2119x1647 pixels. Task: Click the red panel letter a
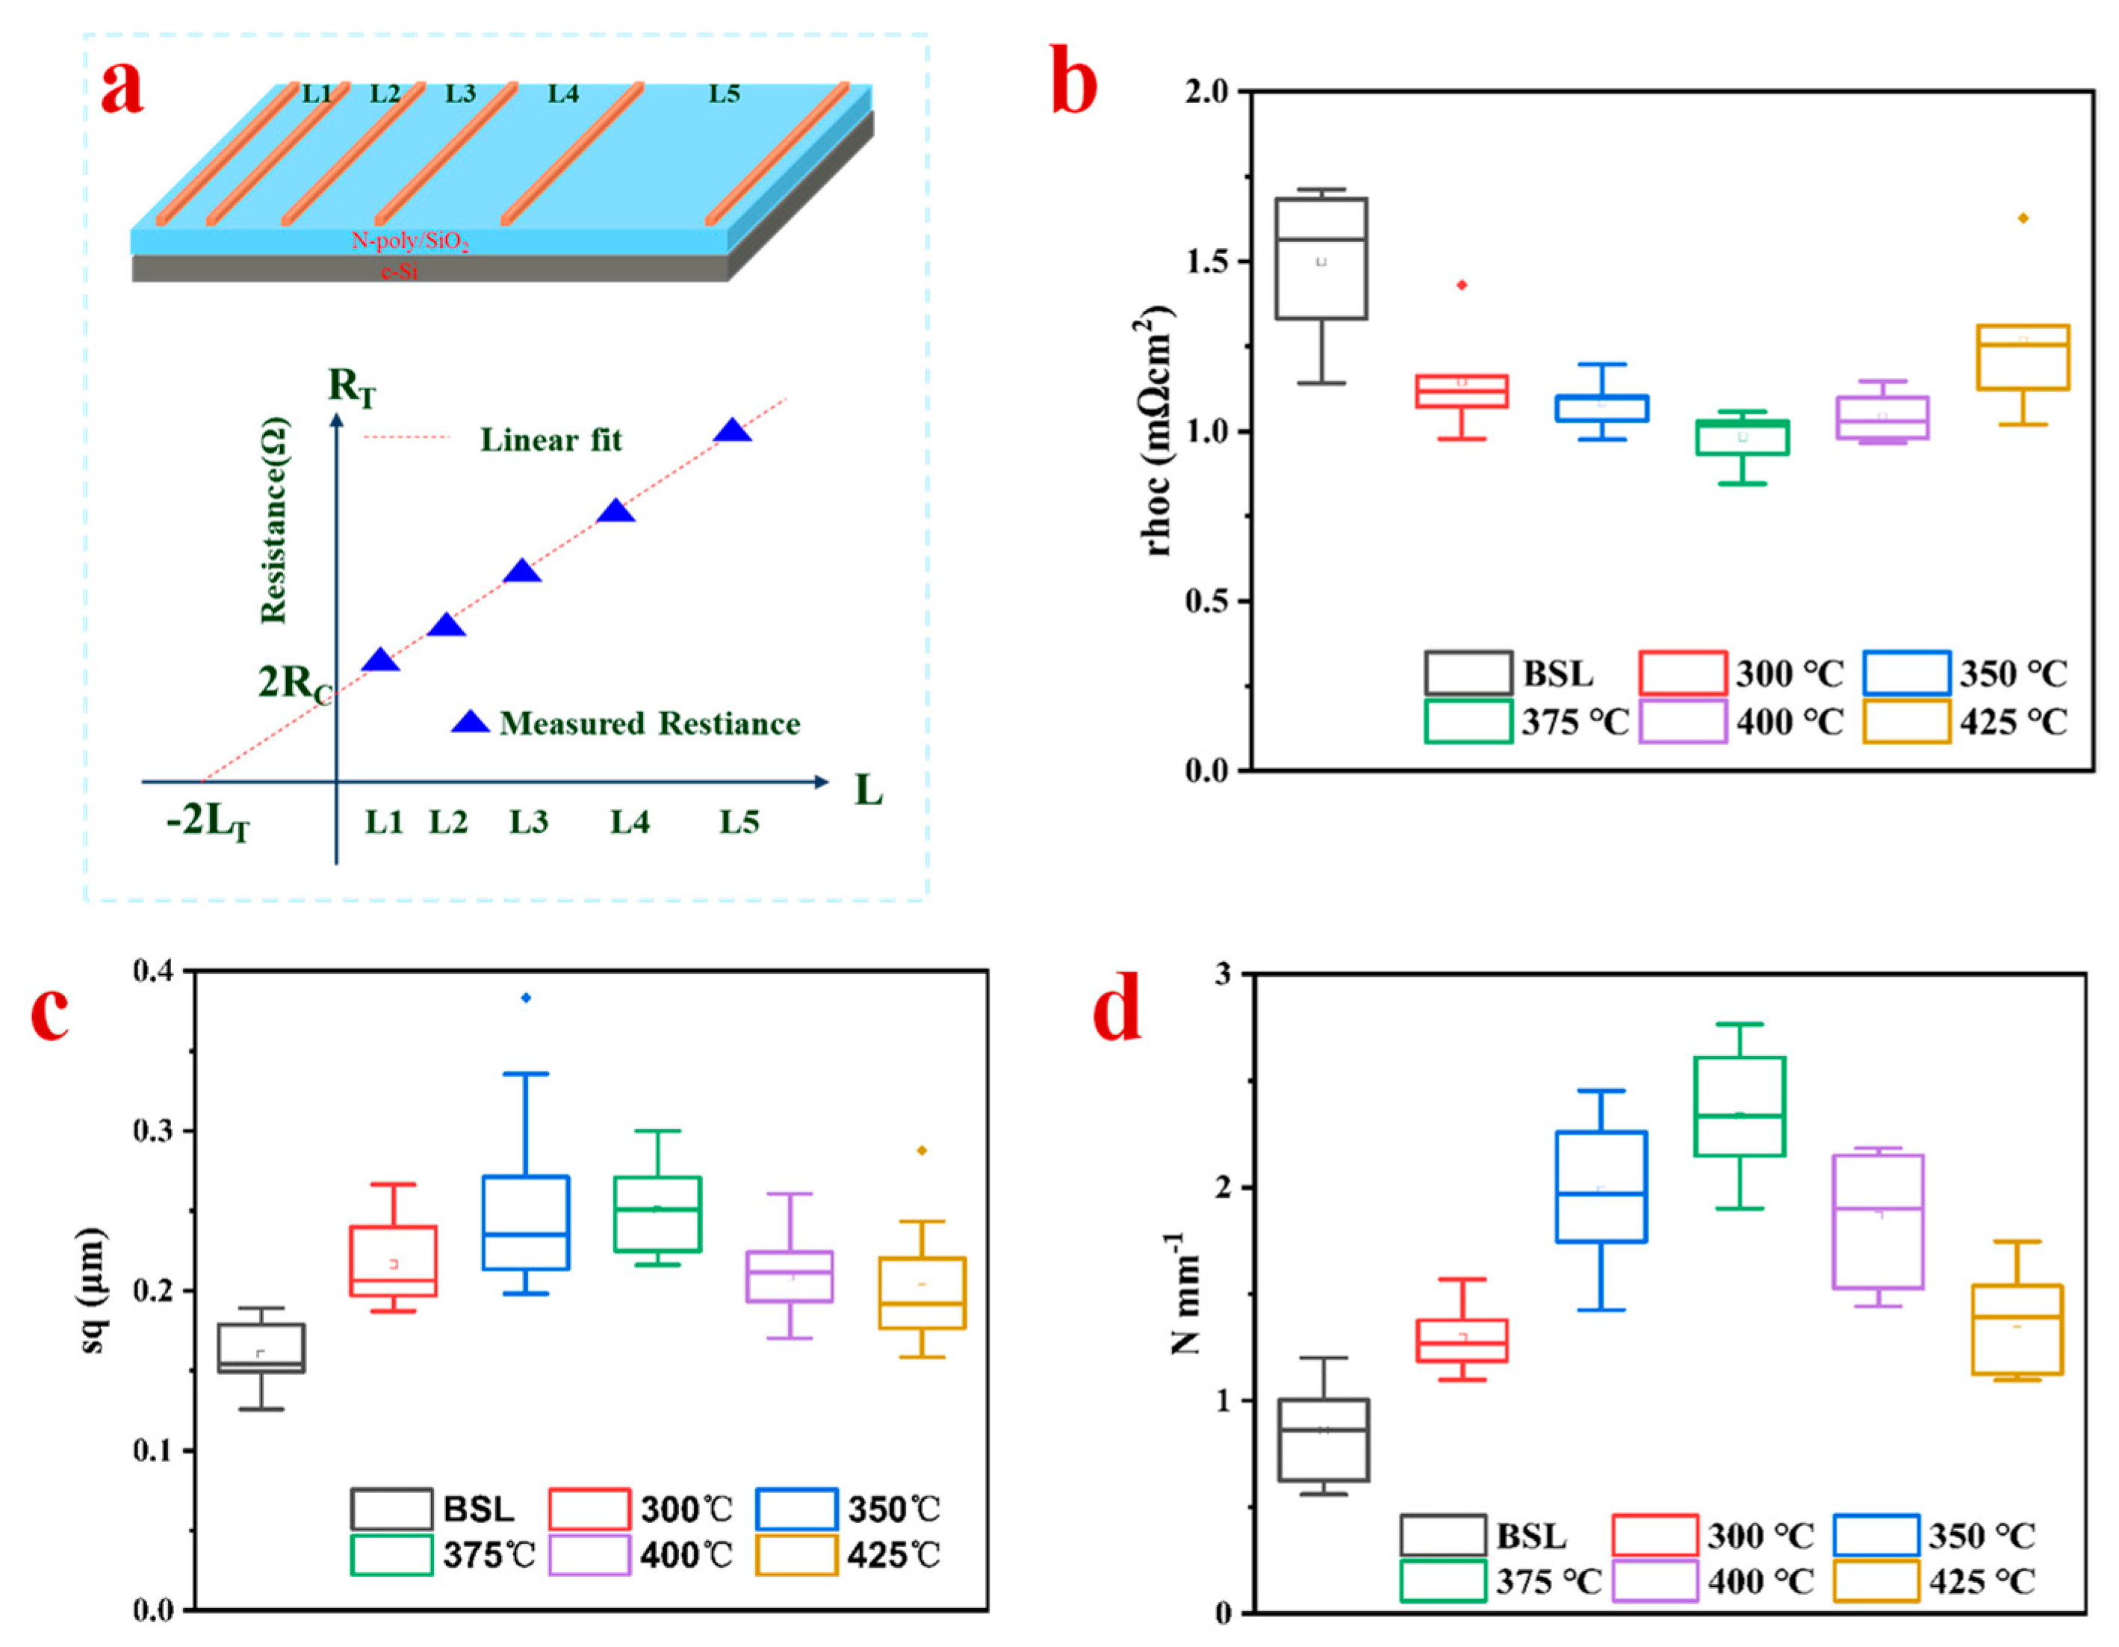click(122, 87)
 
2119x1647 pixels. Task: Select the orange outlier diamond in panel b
click(2023, 218)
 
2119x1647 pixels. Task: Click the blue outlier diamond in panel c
click(526, 998)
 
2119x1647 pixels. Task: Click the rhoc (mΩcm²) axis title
click(1158, 431)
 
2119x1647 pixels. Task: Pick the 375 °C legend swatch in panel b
click(1468, 722)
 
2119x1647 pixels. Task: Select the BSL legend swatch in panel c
click(392, 1510)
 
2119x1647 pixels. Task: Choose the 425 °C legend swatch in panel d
click(1876, 1581)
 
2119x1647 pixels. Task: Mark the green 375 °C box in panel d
click(1740, 1107)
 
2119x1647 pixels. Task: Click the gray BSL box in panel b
click(1321, 258)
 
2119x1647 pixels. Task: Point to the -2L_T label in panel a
click(208, 823)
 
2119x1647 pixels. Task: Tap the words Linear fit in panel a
click(551, 441)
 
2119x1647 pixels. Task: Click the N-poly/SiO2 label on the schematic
click(410, 241)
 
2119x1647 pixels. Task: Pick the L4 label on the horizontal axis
click(630, 823)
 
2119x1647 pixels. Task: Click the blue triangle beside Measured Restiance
click(471, 722)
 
